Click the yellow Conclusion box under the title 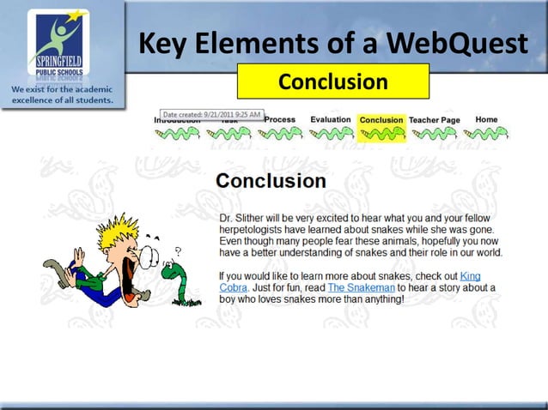point(332,81)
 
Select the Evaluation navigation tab point(331,120)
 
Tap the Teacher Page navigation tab point(434,120)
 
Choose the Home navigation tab point(486,120)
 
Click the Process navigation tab point(280,120)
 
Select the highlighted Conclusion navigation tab point(381,121)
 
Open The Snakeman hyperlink point(362,287)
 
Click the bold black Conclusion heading point(271,182)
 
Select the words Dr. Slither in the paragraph point(242,219)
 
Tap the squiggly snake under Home point(485,134)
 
